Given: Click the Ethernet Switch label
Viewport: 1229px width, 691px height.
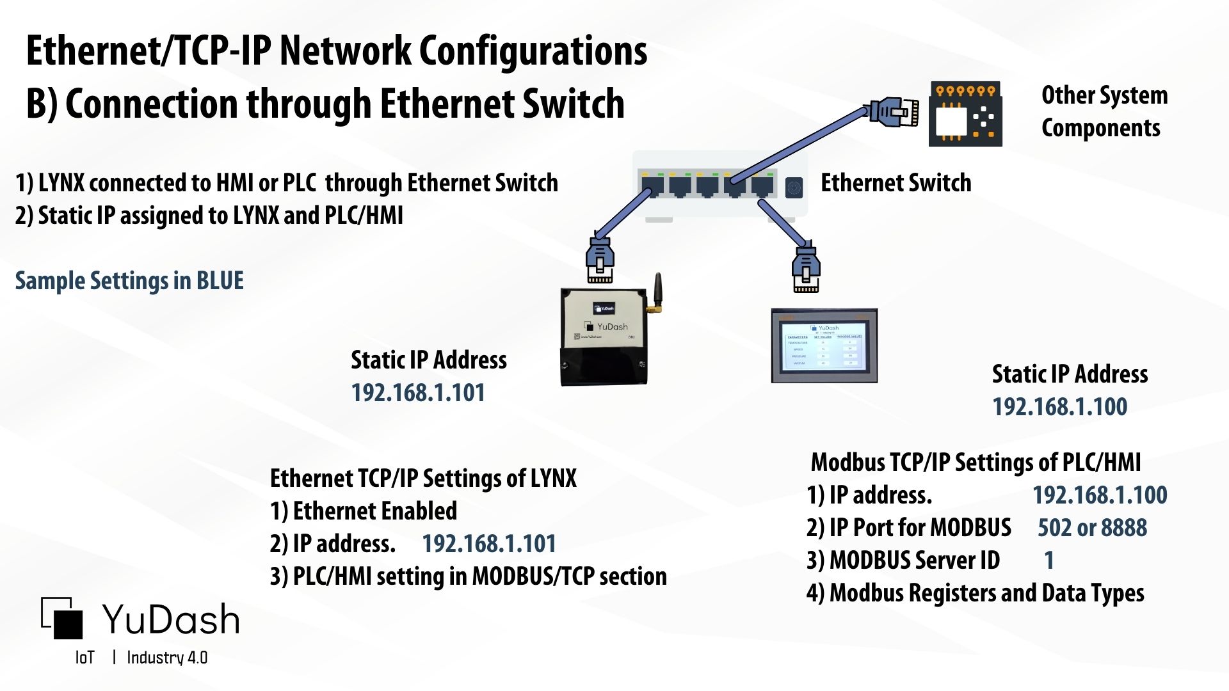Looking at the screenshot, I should coord(896,183).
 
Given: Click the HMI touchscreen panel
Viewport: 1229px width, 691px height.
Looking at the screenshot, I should coord(824,346).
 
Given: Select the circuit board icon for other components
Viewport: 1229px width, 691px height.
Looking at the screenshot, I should coord(965,114).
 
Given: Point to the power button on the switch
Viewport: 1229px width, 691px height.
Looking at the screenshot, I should coord(794,188).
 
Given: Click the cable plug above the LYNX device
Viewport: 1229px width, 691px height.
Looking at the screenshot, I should coord(600,260).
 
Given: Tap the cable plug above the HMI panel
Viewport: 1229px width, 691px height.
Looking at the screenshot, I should coord(806,269).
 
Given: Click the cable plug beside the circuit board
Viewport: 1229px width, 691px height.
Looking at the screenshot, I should coord(893,112).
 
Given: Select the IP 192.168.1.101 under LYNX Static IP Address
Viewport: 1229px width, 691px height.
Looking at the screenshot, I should coord(418,393).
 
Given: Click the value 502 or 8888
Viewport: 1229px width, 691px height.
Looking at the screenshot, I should coord(1092,528).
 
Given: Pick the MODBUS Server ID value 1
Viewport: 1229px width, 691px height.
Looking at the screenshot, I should coord(1048,560).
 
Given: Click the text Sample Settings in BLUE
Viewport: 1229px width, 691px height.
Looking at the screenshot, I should coord(129,281).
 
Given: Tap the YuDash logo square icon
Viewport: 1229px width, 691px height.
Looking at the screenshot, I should coord(63,618).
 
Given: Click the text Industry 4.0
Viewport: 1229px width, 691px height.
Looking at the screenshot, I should coord(167,658).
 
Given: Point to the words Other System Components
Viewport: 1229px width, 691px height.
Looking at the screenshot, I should coord(1104,111).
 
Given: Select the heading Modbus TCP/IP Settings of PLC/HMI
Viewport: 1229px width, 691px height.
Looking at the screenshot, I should coord(976,463).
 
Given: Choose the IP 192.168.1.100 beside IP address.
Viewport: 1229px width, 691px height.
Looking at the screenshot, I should coord(1100,495).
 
